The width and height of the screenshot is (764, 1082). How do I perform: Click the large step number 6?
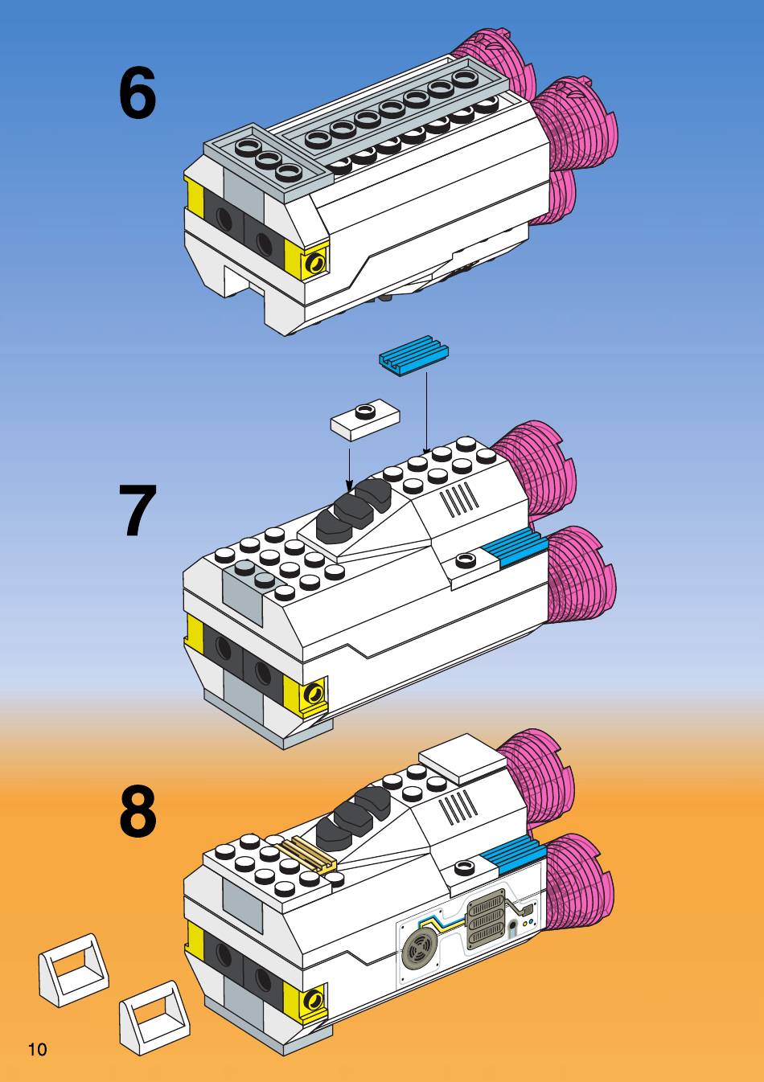point(138,95)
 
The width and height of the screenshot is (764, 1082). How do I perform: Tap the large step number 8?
point(138,813)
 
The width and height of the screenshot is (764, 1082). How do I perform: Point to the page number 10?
point(37,1049)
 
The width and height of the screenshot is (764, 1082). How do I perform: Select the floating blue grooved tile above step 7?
point(413,355)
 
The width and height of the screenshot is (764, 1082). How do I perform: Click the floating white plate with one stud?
point(365,420)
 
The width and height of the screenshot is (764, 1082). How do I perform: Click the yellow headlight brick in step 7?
point(314,692)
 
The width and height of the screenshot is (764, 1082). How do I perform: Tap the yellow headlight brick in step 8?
point(314,1000)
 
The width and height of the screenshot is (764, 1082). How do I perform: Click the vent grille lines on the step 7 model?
point(460,499)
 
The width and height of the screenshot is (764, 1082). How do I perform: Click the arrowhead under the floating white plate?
point(349,485)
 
